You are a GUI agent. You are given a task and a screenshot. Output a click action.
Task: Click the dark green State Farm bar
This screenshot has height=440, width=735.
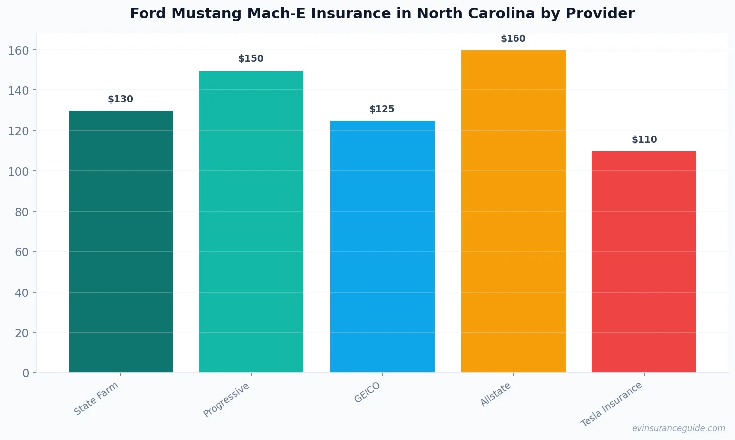(x=121, y=241)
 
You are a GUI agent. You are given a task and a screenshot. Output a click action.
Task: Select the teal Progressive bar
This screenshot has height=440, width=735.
(x=251, y=221)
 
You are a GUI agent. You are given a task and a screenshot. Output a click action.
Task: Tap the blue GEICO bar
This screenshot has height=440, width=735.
(x=382, y=246)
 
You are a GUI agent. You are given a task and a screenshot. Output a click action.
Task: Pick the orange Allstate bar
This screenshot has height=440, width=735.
(x=513, y=211)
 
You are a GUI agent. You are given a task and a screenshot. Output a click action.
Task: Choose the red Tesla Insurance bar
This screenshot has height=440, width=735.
(x=644, y=262)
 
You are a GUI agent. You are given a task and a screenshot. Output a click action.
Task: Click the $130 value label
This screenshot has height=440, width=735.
(x=121, y=99)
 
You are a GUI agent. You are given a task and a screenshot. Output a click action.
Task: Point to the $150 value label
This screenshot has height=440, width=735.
(x=251, y=59)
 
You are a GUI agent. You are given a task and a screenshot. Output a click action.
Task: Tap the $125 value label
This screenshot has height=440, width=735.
(x=382, y=109)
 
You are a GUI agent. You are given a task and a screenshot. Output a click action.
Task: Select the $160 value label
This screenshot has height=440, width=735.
(x=513, y=39)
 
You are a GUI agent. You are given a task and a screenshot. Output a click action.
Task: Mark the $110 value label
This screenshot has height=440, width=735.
(x=644, y=140)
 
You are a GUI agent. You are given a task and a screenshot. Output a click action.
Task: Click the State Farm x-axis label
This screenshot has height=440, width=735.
(x=96, y=398)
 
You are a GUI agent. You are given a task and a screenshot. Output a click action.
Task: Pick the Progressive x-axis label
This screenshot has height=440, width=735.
(x=226, y=400)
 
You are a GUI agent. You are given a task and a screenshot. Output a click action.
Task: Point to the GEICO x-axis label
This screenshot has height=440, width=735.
(x=367, y=392)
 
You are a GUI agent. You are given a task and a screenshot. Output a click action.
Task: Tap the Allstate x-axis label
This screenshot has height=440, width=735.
(x=496, y=394)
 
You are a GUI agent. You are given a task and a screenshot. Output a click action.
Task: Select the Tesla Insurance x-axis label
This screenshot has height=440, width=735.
(x=611, y=404)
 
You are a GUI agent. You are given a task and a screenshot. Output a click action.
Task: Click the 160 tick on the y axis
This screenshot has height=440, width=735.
(x=18, y=50)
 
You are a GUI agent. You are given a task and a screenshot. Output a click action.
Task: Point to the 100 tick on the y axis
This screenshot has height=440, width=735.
(x=18, y=171)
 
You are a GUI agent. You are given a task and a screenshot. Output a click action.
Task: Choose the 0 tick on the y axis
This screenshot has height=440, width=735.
(x=26, y=373)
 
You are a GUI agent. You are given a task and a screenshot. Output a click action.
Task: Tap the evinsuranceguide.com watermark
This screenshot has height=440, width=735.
(x=678, y=428)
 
